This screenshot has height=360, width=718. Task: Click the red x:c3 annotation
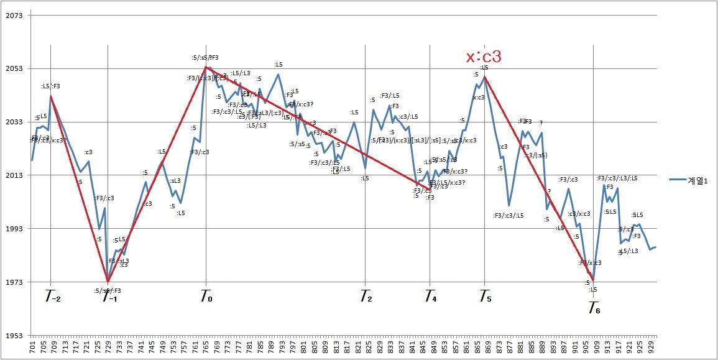(x=484, y=57)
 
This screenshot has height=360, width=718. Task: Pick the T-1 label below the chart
(x=109, y=297)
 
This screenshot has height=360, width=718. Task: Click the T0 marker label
(x=206, y=297)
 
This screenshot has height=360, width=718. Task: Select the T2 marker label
(x=366, y=297)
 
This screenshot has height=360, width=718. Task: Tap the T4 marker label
(x=430, y=297)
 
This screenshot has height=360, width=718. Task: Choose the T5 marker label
(x=485, y=297)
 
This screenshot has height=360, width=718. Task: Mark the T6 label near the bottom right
(x=594, y=308)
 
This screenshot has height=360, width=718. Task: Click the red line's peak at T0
(x=206, y=67)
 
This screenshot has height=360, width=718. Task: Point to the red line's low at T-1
(x=108, y=281)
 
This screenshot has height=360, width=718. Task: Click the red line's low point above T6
(x=593, y=280)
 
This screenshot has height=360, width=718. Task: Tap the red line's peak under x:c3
(x=484, y=76)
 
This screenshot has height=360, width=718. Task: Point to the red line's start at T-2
(x=50, y=95)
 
